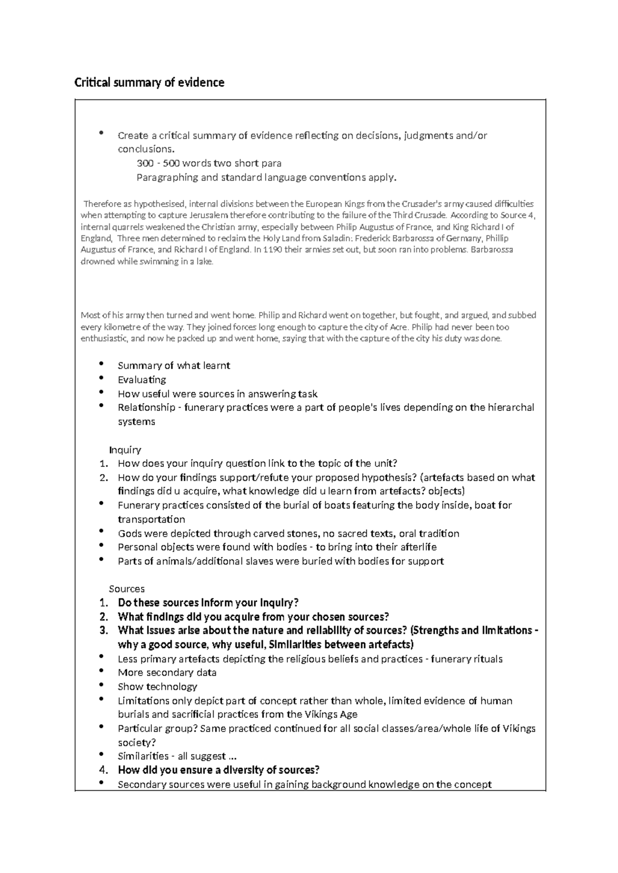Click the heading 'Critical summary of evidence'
point(149,82)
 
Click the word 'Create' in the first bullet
point(132,136)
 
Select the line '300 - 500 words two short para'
point(209,164)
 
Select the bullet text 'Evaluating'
point(142,380)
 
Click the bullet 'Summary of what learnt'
point(174,365)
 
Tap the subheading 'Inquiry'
point(125,450)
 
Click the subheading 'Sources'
point(127,589)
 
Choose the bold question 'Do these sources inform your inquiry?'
point(208,603)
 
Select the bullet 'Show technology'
point(157,687)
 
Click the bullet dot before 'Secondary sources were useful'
point(101,783)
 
